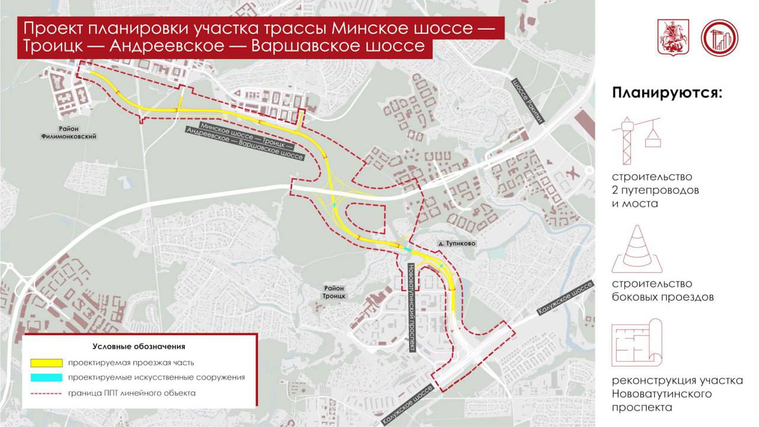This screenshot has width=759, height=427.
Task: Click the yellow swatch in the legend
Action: coord(46,362)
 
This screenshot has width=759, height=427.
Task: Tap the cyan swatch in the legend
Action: coord(46,377)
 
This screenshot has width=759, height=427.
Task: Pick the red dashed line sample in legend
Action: coord(46,393)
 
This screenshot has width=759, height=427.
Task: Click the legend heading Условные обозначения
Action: coord(139,346)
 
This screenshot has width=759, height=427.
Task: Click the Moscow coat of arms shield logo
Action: coord(673,38)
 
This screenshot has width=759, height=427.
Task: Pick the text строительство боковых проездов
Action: coord(662,291)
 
